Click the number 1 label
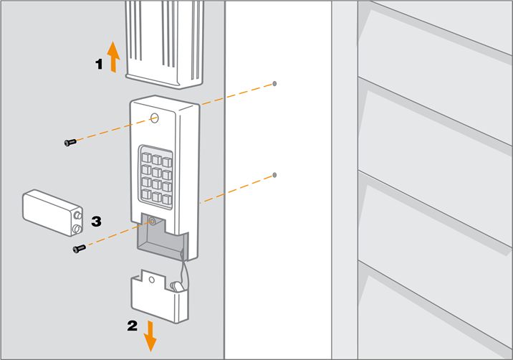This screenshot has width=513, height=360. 100,64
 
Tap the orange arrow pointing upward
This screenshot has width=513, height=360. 113,57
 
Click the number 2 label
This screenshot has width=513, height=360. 132,326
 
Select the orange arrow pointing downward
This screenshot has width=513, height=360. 150,335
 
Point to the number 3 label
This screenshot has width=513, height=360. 95,221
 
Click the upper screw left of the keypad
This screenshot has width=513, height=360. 69,143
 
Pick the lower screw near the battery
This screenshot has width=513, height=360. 79,248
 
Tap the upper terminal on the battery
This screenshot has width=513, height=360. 76,214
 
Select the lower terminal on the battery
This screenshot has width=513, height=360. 76,229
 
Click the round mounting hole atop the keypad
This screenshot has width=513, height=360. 155,117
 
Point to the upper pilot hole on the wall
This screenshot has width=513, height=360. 275,83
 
